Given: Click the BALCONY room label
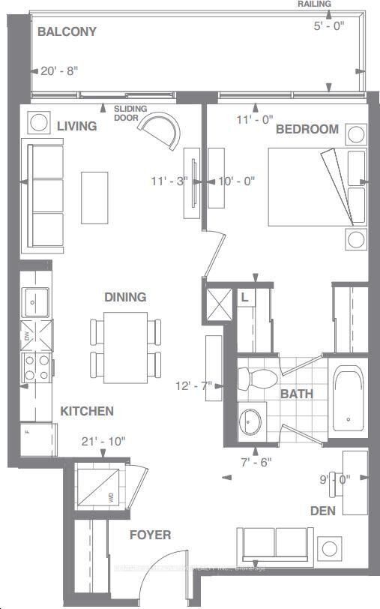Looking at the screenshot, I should [x=68, y=32].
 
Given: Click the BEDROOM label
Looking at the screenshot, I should [x=307, y=129].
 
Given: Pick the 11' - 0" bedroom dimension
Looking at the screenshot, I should [x=254, y=118].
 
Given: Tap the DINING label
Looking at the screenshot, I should [x=125, y=297].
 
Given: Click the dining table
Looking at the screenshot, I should [x=125, y=346].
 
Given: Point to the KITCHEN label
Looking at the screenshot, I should [x=87, y=411].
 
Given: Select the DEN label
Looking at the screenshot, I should [x=323, y=511].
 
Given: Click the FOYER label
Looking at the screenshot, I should [x=150, y=535].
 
